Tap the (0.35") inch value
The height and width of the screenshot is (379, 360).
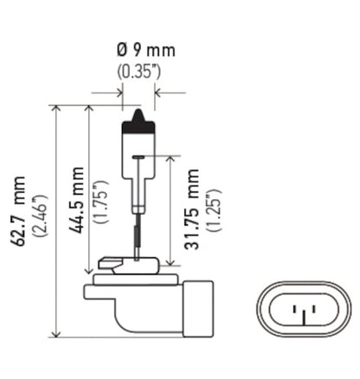coord(139,71)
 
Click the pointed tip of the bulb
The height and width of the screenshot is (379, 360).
coord(139,111)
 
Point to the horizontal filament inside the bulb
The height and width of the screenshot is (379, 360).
coord(139,156)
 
